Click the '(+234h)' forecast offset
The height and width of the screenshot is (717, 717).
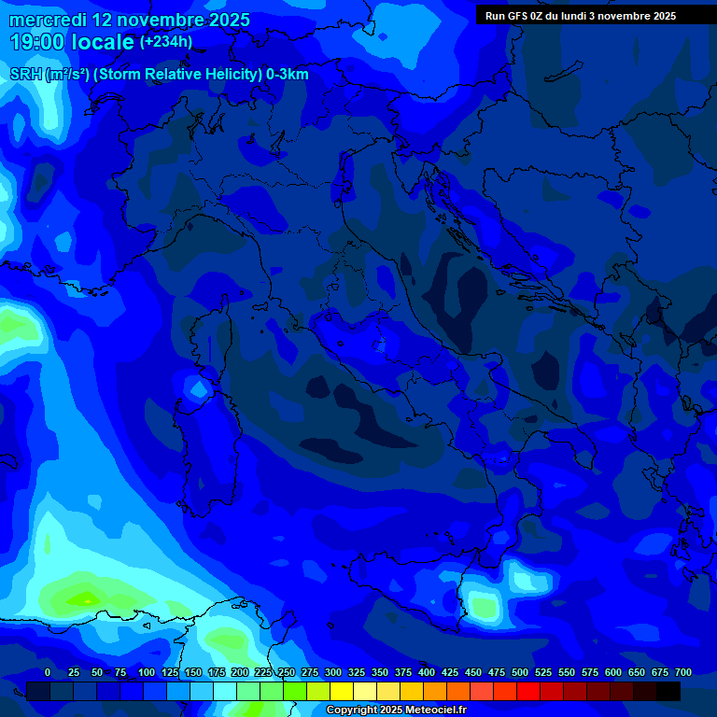tap(166, 42)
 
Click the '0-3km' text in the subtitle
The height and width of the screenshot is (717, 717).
tap(288, 75)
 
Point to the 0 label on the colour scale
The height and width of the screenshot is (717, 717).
tap(48, 673)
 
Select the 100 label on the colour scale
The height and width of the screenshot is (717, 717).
tap(147, 673)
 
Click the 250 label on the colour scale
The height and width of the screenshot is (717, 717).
tap(287, 673)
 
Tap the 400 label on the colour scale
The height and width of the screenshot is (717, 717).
tap(427, 673)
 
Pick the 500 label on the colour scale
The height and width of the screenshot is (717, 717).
tap(520, 673)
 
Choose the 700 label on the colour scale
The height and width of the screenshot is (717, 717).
tap(683, 673)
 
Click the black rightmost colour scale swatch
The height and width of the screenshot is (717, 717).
tap(668, 691)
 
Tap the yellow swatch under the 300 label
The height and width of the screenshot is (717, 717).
tap(342, 691)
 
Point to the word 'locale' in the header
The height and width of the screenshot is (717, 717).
tap(100, 42)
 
